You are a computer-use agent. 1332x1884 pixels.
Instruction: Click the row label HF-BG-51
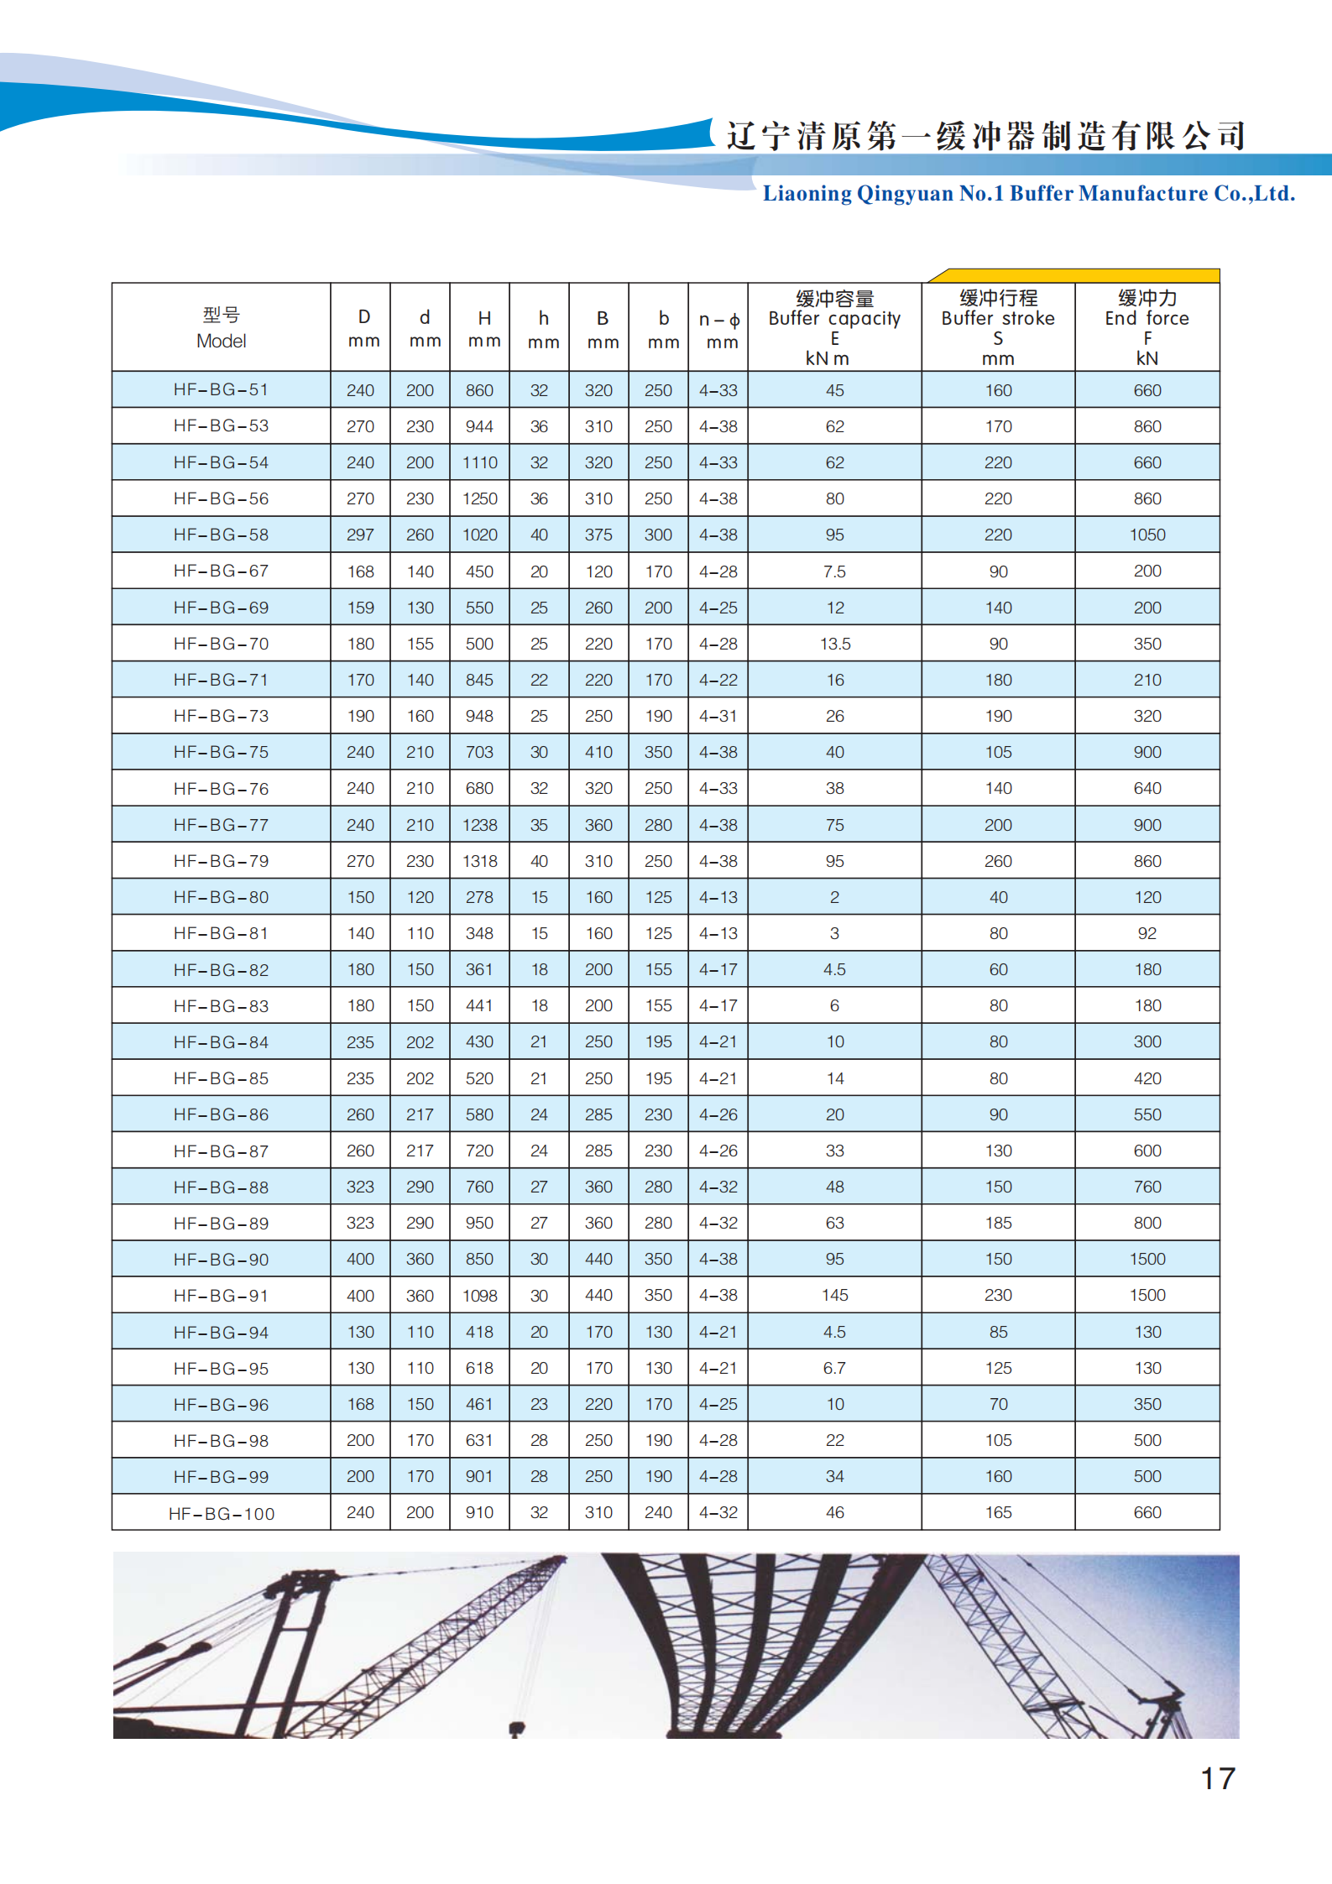(x=221, y=390)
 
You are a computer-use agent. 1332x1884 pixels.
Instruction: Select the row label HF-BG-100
(x=222, y=1514)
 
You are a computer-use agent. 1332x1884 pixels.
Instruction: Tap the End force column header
(x=1147, y=327)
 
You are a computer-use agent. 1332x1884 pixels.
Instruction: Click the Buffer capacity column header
(x=834, y=327)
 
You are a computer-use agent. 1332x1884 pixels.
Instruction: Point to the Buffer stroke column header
(x=998, y=327)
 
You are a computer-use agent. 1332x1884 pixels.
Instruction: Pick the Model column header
(x=222, y=328)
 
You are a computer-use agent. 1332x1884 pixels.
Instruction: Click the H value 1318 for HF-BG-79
(x=480, y=861)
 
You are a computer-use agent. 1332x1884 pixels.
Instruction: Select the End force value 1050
(x=1147, y=535)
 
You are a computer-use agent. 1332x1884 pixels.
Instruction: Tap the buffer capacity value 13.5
(x=835, y=644)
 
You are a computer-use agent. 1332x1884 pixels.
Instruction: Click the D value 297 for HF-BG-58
(x=361, y=535)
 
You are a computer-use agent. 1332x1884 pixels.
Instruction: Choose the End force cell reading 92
(x=1147, y=933)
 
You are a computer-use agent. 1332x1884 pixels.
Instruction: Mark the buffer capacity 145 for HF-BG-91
(x=835, y=1295)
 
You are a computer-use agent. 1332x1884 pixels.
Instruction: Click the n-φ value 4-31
(x=718, y=716)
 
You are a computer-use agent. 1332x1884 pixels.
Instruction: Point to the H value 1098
(x=480, y=1296)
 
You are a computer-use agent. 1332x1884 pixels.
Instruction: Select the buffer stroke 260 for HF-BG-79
(x=998, y=861)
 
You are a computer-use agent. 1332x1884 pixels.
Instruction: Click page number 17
(x=1218, y=1778)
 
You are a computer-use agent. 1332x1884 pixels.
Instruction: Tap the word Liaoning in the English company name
(x=807, y=194)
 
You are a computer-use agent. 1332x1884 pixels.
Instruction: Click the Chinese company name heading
(x=985, y=136)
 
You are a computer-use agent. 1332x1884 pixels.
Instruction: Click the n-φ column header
(x=719, y=330)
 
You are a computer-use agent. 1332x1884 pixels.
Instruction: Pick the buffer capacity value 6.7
(x=834, y=1368)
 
